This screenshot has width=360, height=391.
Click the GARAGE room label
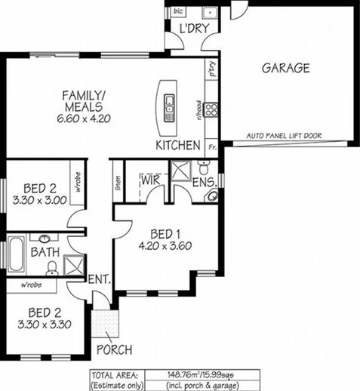(285, 68)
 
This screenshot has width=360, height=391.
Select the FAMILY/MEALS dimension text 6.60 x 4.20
(85, 119)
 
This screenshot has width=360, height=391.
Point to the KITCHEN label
(177, 144)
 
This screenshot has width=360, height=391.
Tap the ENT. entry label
(100, 280)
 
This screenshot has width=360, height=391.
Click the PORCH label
(114, 349)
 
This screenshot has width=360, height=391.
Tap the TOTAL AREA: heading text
(113, 373)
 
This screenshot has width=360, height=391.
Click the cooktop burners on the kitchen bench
(212, 110)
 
